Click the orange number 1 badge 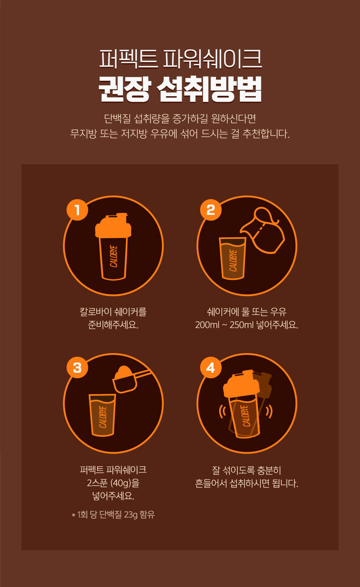(x=77, y=210)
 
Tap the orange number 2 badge (x=211, y=210)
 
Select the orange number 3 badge (x=77, y=367)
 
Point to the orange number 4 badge (x=211, y=367)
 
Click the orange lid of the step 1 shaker (x=113, y=226)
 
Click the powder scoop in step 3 (x=129, y=379)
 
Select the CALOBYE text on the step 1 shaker (x=113, y=256)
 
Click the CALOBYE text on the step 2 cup (x=233, y=260)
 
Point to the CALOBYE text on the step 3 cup (x=103, y=417)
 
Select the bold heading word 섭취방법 (x=210, y=89)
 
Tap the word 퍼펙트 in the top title (x=128, y=59)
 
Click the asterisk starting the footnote (x=73, y=515)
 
